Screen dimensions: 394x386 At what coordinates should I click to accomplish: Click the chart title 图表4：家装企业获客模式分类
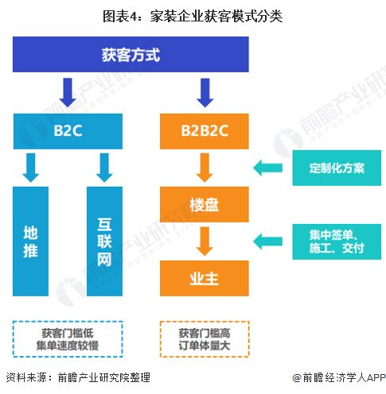tap(193, 15)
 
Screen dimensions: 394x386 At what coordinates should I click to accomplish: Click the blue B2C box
tap(68, 130)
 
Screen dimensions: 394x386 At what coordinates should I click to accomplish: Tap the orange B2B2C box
tap(205, 130)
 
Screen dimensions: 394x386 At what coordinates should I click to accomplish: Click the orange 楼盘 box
tap(205, 204)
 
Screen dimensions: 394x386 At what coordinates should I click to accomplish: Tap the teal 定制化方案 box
tap(337, 168)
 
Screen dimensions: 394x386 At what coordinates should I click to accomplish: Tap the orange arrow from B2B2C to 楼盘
tap(205, 167)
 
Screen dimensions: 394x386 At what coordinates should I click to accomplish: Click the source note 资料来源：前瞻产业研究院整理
tap(77, 377)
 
